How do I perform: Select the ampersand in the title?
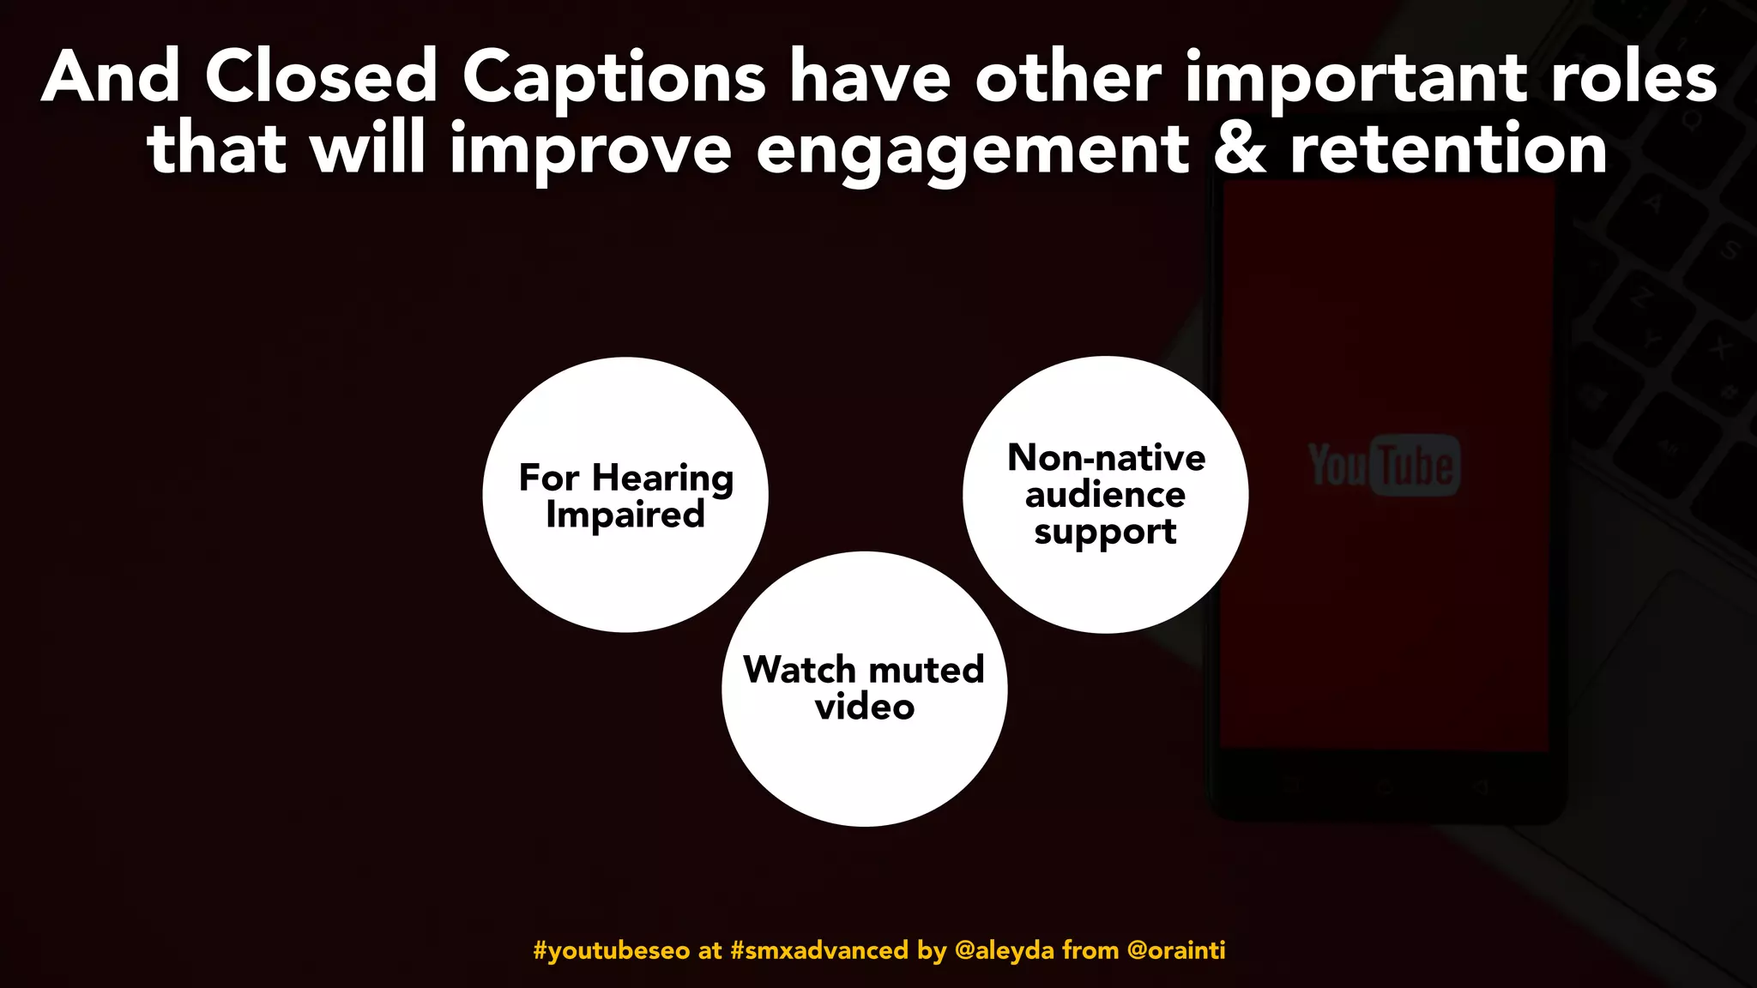point(1240,149)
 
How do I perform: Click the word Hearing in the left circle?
point(662,479)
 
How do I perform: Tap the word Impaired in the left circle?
point(625,515)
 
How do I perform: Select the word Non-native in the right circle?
point(1106,458)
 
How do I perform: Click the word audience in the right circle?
point(1105,495)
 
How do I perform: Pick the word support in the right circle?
point(1105,533)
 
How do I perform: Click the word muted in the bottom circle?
point(927,670)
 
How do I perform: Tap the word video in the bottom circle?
point(865,707)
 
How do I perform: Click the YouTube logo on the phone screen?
point(1383,466)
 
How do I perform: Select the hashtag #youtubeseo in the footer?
point(611,950)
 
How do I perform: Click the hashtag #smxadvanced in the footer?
point(818,950)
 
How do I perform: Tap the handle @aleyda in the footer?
point(1004,950)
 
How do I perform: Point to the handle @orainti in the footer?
point(1175,950)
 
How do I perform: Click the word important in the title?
point(1355,79)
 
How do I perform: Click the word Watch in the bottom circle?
point(799,670)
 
